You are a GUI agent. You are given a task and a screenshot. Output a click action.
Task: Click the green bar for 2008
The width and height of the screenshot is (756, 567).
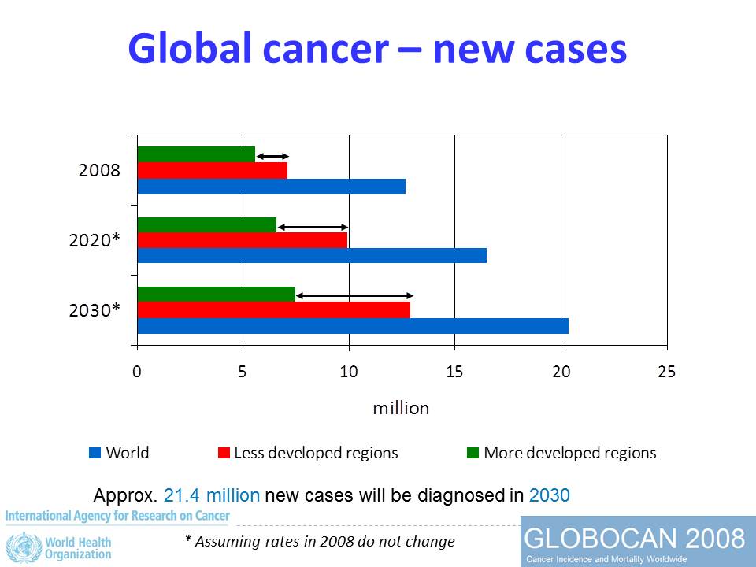tap(196, 154)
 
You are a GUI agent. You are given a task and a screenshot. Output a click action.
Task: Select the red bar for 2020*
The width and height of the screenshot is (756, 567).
tap(242, 239)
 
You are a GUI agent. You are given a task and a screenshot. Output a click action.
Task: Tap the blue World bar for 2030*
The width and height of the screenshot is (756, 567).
tap(352, 325)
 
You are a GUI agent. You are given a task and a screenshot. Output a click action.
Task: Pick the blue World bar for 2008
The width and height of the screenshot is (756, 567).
tap(271, 186)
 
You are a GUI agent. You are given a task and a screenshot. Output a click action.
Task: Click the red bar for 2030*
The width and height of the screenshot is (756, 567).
tap(273, 309)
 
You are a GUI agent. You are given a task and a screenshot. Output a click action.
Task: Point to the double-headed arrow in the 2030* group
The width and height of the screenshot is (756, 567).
tap(354, 295)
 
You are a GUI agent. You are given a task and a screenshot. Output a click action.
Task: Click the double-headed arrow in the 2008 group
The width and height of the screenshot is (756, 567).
tap(272, 156)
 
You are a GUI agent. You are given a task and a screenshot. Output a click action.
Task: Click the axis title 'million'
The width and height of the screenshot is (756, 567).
tap(401, 408)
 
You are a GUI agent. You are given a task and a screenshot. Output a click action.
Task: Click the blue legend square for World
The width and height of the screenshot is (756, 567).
tap(95, 453)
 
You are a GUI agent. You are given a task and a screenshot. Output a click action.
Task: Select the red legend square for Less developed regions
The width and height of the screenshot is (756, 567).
tap(224, 453)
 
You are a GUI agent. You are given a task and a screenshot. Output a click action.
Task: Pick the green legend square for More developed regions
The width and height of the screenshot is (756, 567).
tap(472, 453)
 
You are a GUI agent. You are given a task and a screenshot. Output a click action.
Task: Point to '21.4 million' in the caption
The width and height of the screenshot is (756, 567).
tap(211, 495)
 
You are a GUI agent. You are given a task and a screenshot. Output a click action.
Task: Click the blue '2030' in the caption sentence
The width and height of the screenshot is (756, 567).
tap(550, 495)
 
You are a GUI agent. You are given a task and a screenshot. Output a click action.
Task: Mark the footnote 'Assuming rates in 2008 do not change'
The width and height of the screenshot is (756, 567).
tap(324, 541)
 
